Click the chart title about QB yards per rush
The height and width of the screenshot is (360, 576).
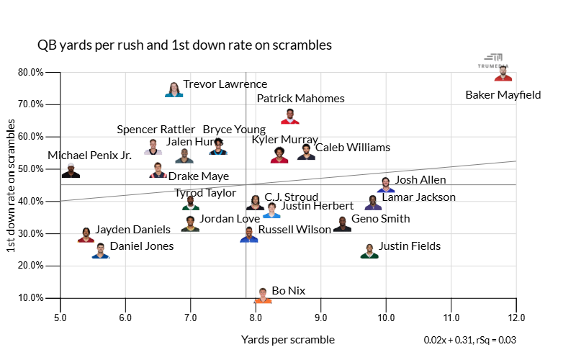(x=184, y=45)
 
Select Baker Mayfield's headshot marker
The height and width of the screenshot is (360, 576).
(x=503, y=74)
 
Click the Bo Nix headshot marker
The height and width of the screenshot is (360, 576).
(x=263, y=295)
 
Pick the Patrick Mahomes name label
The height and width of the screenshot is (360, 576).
(x=300, y=99)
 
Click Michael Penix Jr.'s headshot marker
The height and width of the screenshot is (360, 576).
(x=71, y=171)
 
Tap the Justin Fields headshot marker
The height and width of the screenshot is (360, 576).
(x=369, y=251)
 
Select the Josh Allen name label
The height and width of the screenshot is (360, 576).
(x=420, y=180)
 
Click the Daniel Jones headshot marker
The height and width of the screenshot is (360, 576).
(x=101, y=251)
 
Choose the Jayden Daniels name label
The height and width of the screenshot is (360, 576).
(x=133, y=230)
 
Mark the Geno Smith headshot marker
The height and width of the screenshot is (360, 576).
(x=342, y=224)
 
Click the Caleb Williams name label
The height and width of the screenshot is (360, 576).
(x=353, y=148)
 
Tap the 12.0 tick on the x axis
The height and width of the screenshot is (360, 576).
(x=516, y=318)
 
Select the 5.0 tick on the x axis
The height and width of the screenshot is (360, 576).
(x=60, y=318)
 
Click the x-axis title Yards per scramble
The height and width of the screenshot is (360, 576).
(x=288, y=340)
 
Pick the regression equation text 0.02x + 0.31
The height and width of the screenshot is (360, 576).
(x=470, y=340)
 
